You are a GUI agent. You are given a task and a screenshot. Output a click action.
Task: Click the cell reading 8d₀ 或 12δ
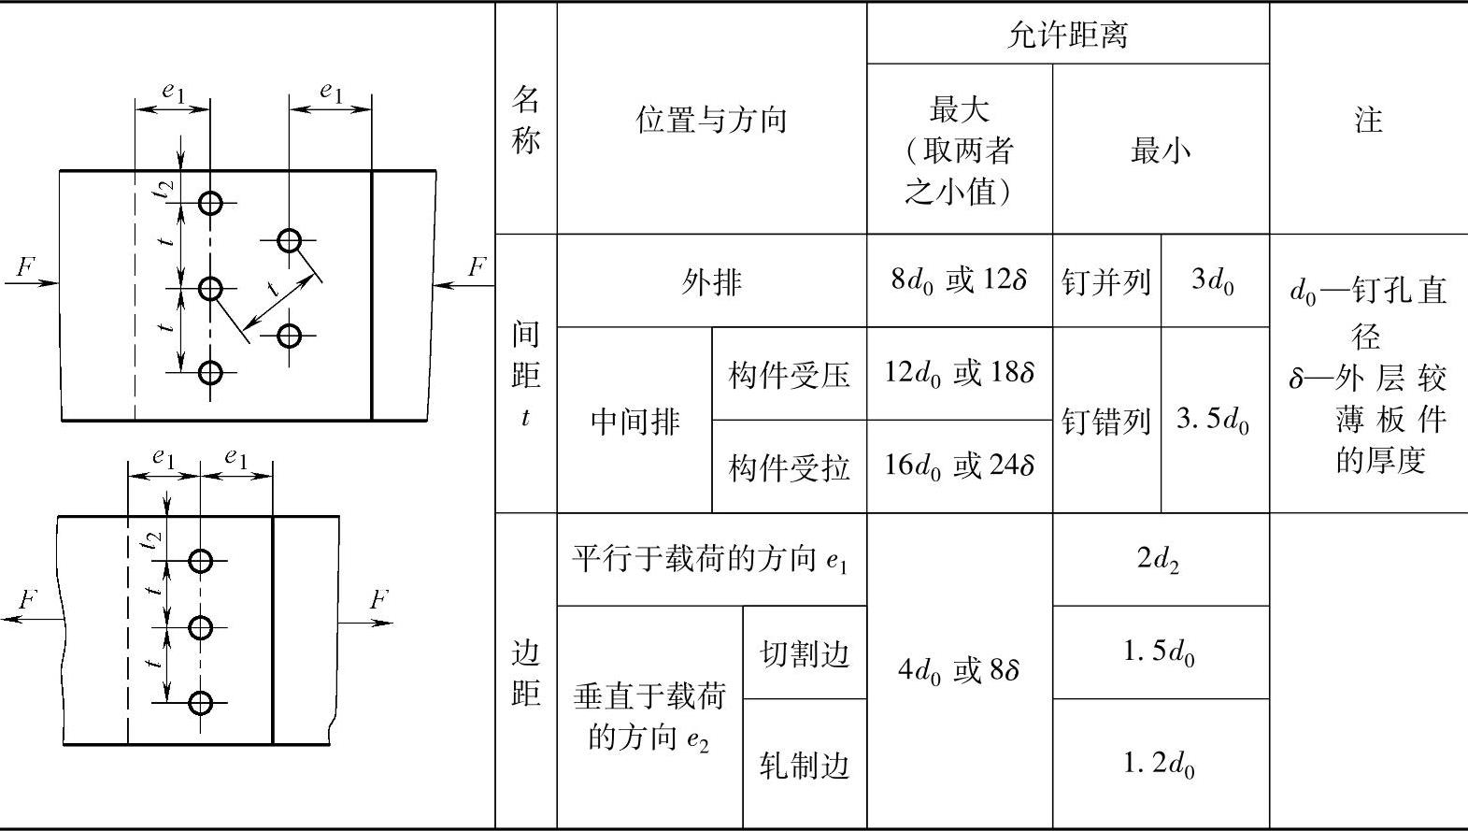[959, 280]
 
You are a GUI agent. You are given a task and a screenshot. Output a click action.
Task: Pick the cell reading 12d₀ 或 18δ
[959, 374]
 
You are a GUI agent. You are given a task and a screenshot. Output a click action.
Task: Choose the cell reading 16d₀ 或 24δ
[959, 466]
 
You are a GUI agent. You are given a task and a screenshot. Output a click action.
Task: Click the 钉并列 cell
[1106, 281]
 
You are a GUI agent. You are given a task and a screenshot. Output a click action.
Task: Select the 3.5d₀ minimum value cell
[1214, 420]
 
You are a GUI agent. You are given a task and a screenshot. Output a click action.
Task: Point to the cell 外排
[711, 281]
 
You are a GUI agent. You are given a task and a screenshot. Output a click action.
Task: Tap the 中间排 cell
[634, 421]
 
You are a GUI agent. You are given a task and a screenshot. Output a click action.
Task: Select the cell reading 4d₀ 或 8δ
[959, 670]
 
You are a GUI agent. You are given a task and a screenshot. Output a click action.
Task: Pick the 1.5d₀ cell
[1160, 652]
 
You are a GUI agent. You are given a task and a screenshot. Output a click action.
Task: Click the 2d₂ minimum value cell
[1160, 559]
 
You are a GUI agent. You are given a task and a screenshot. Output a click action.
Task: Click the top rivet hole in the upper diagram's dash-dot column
[210, 203]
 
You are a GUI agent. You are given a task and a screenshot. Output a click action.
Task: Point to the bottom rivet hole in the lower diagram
[200, 703]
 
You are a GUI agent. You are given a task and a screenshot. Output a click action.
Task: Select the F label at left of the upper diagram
[25, 267]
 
